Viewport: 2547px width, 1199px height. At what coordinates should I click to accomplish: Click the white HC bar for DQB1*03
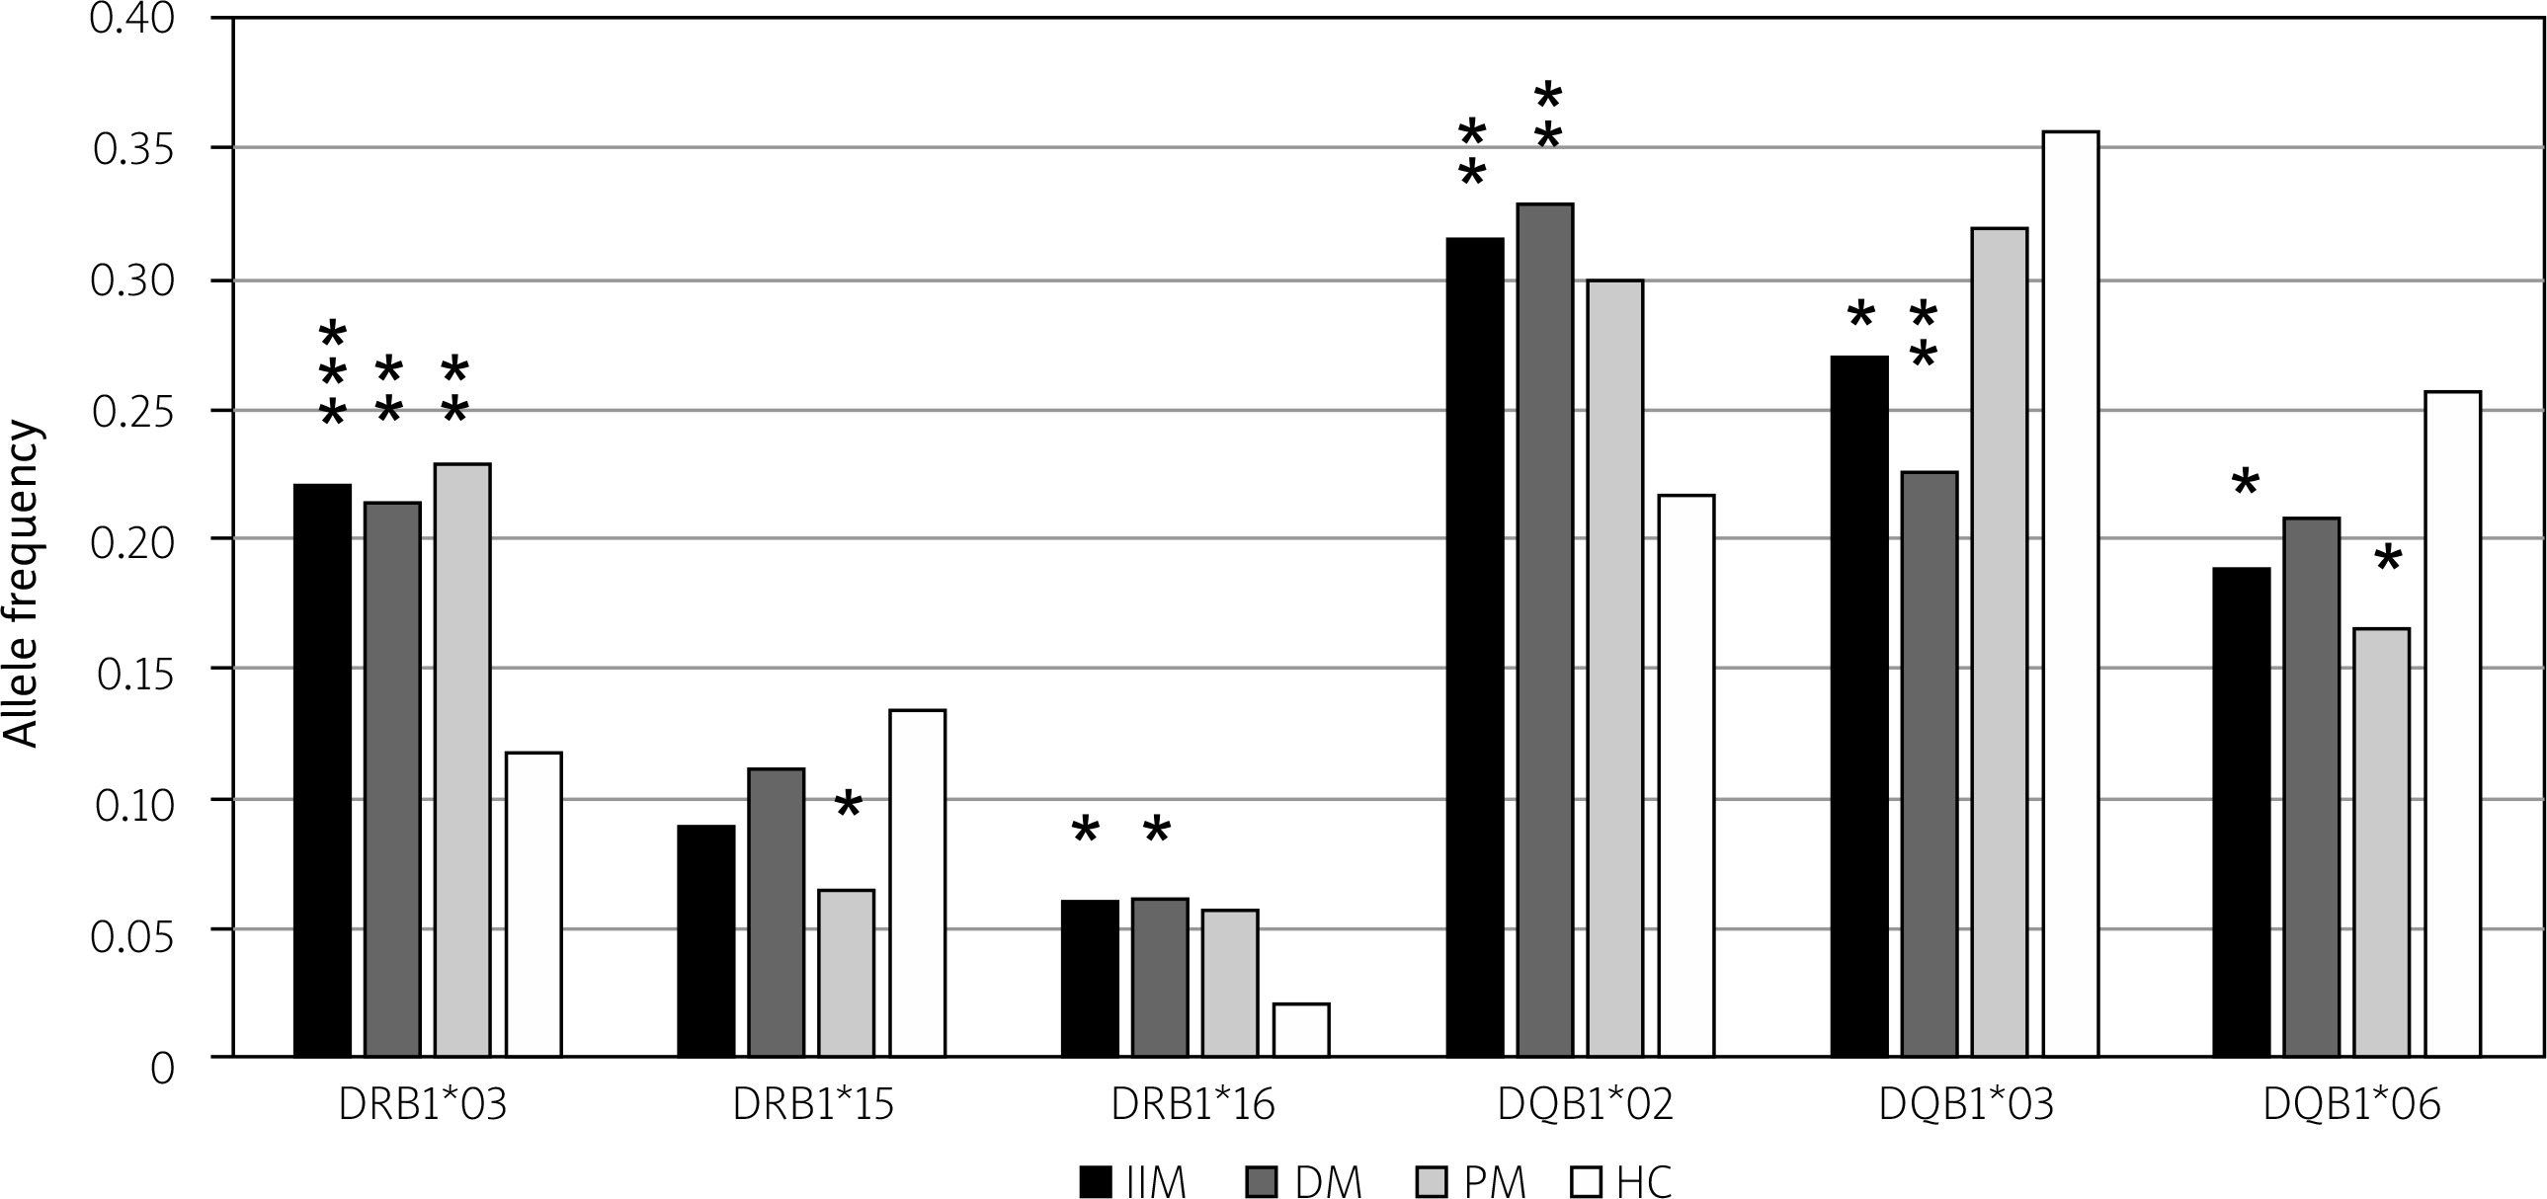click(2071, 593)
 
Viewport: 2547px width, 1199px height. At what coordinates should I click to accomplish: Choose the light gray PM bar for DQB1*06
click(2381, 841)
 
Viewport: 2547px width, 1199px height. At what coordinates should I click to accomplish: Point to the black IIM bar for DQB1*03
click(1858, 706)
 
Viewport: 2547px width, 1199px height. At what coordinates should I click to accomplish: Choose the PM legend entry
click(1473, 1181)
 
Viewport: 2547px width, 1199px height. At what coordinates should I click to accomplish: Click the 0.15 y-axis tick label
click(134, 670)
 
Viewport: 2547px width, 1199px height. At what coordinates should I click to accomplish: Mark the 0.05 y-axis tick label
click(134, 929)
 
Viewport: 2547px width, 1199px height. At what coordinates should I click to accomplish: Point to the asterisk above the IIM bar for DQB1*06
click(2245, 483)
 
